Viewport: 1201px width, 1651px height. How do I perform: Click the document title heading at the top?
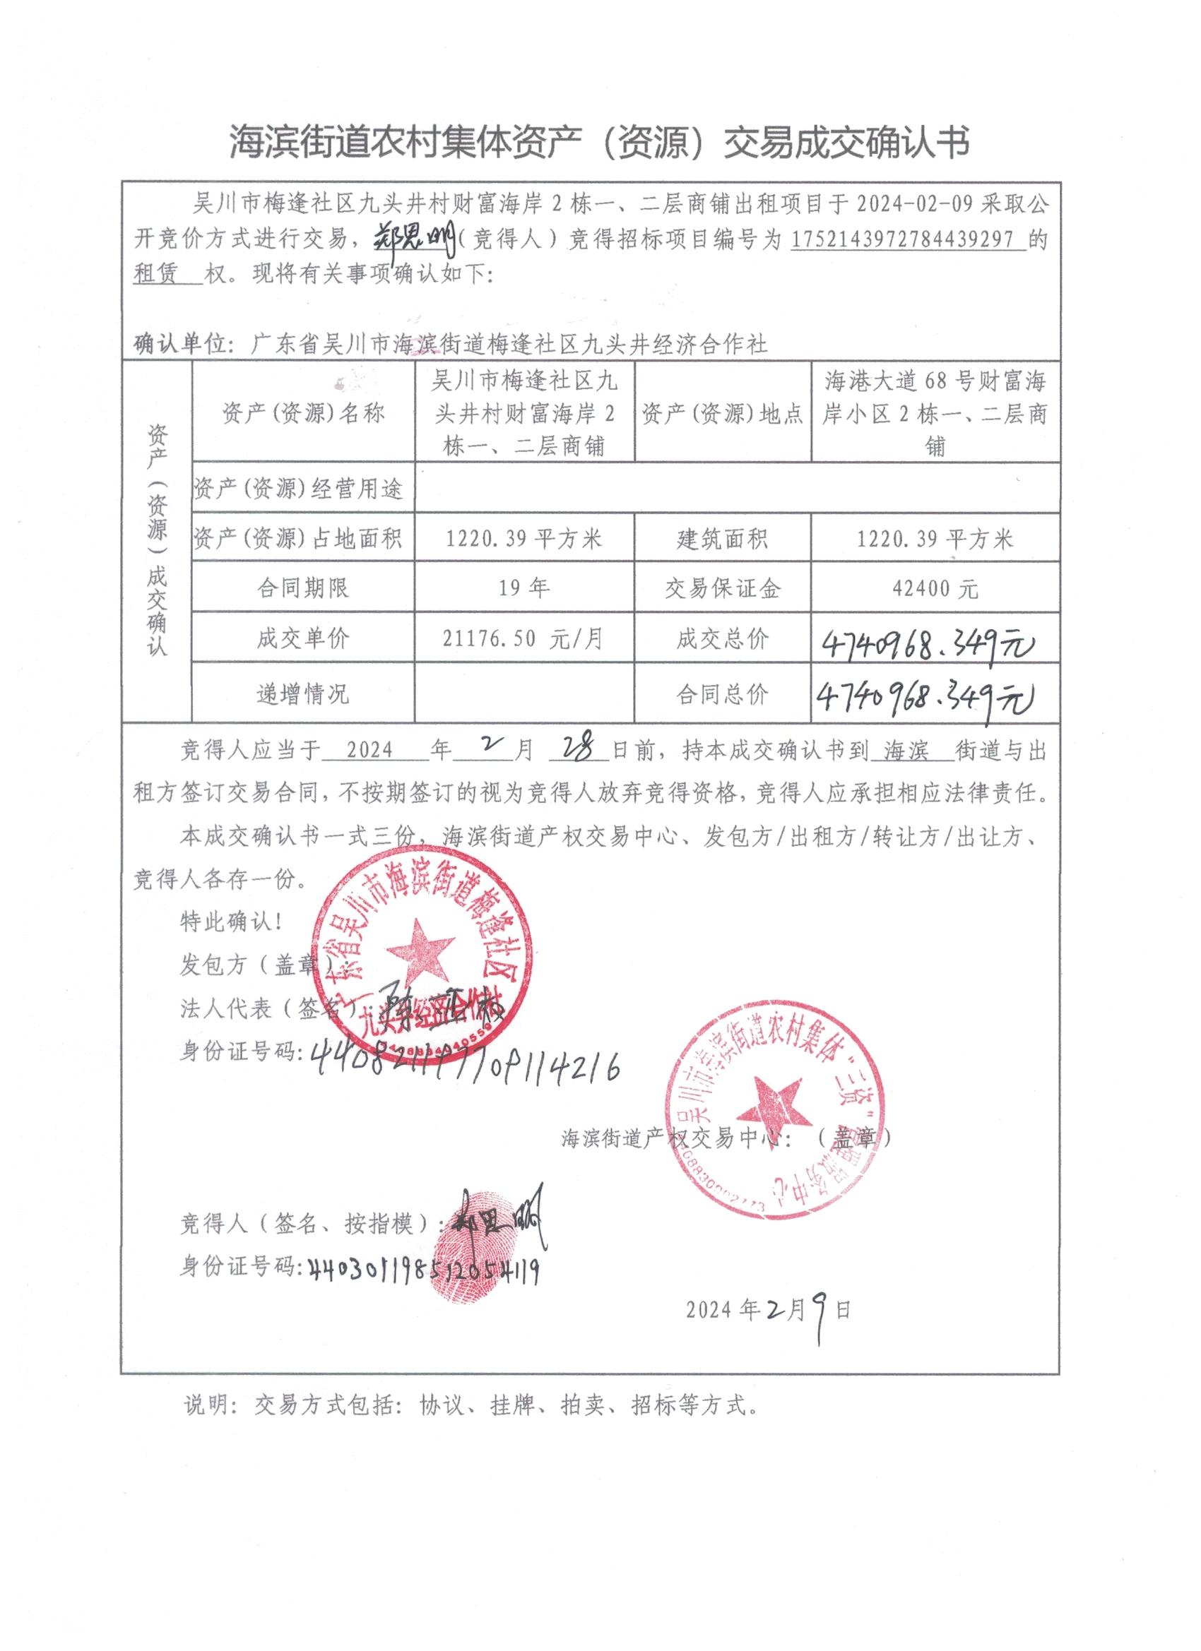point(599,141)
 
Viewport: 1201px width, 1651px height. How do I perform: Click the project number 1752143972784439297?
point(908,239)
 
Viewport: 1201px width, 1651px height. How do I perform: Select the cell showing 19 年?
point(523,588)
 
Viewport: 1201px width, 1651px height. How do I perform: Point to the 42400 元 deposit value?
point(935,588)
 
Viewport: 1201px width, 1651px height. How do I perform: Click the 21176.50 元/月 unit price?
point(523,638)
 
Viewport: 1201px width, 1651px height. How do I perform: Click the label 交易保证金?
point(722,588)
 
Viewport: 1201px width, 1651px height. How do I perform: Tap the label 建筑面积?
point(722,540)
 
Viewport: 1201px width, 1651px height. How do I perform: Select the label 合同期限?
point(303,588)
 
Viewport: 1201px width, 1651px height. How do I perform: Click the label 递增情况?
point(303,693)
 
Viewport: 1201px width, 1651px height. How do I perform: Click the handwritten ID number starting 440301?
point(424,1270)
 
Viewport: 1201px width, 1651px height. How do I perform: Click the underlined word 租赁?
point(157,274)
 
